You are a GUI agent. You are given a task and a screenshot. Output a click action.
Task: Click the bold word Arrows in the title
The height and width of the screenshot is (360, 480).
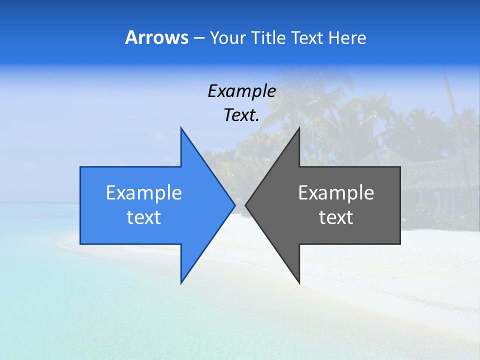coord(156,37)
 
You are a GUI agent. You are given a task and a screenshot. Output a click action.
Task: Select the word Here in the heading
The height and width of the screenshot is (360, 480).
coord(347,37)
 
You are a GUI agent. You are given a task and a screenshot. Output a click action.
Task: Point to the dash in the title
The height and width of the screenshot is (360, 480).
coord(198,38)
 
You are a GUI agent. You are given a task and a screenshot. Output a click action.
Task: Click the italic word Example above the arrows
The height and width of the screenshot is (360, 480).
coord(241,91)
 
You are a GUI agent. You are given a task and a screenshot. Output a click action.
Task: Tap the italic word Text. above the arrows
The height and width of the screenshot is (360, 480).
coord(241,115)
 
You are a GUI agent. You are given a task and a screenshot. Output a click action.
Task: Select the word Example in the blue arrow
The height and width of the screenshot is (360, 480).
coord(144,193)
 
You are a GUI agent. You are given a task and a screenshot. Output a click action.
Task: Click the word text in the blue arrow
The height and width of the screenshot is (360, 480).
coord(144,217)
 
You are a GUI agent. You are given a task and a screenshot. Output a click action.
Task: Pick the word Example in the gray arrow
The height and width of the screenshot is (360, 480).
coord(336,193)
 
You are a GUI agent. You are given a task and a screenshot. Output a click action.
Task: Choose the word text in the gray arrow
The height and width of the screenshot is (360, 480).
coord(336,217)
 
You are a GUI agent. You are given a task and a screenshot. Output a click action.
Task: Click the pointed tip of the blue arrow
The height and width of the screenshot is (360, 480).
coord(234,205)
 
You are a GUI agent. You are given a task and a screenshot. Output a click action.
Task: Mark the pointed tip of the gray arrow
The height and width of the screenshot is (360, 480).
coord(246,205)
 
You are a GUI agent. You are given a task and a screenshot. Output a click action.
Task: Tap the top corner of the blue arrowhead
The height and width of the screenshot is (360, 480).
coord(181,128)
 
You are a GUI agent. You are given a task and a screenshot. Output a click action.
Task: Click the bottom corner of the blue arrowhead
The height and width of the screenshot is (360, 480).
coord(181,282)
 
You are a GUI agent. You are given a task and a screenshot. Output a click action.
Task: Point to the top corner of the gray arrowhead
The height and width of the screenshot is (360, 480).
coord(299,128)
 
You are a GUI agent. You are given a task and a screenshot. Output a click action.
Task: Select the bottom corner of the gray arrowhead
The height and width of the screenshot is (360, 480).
coord(299,282)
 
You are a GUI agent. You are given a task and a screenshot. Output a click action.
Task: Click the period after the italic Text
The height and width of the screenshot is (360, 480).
coord(257,120)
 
